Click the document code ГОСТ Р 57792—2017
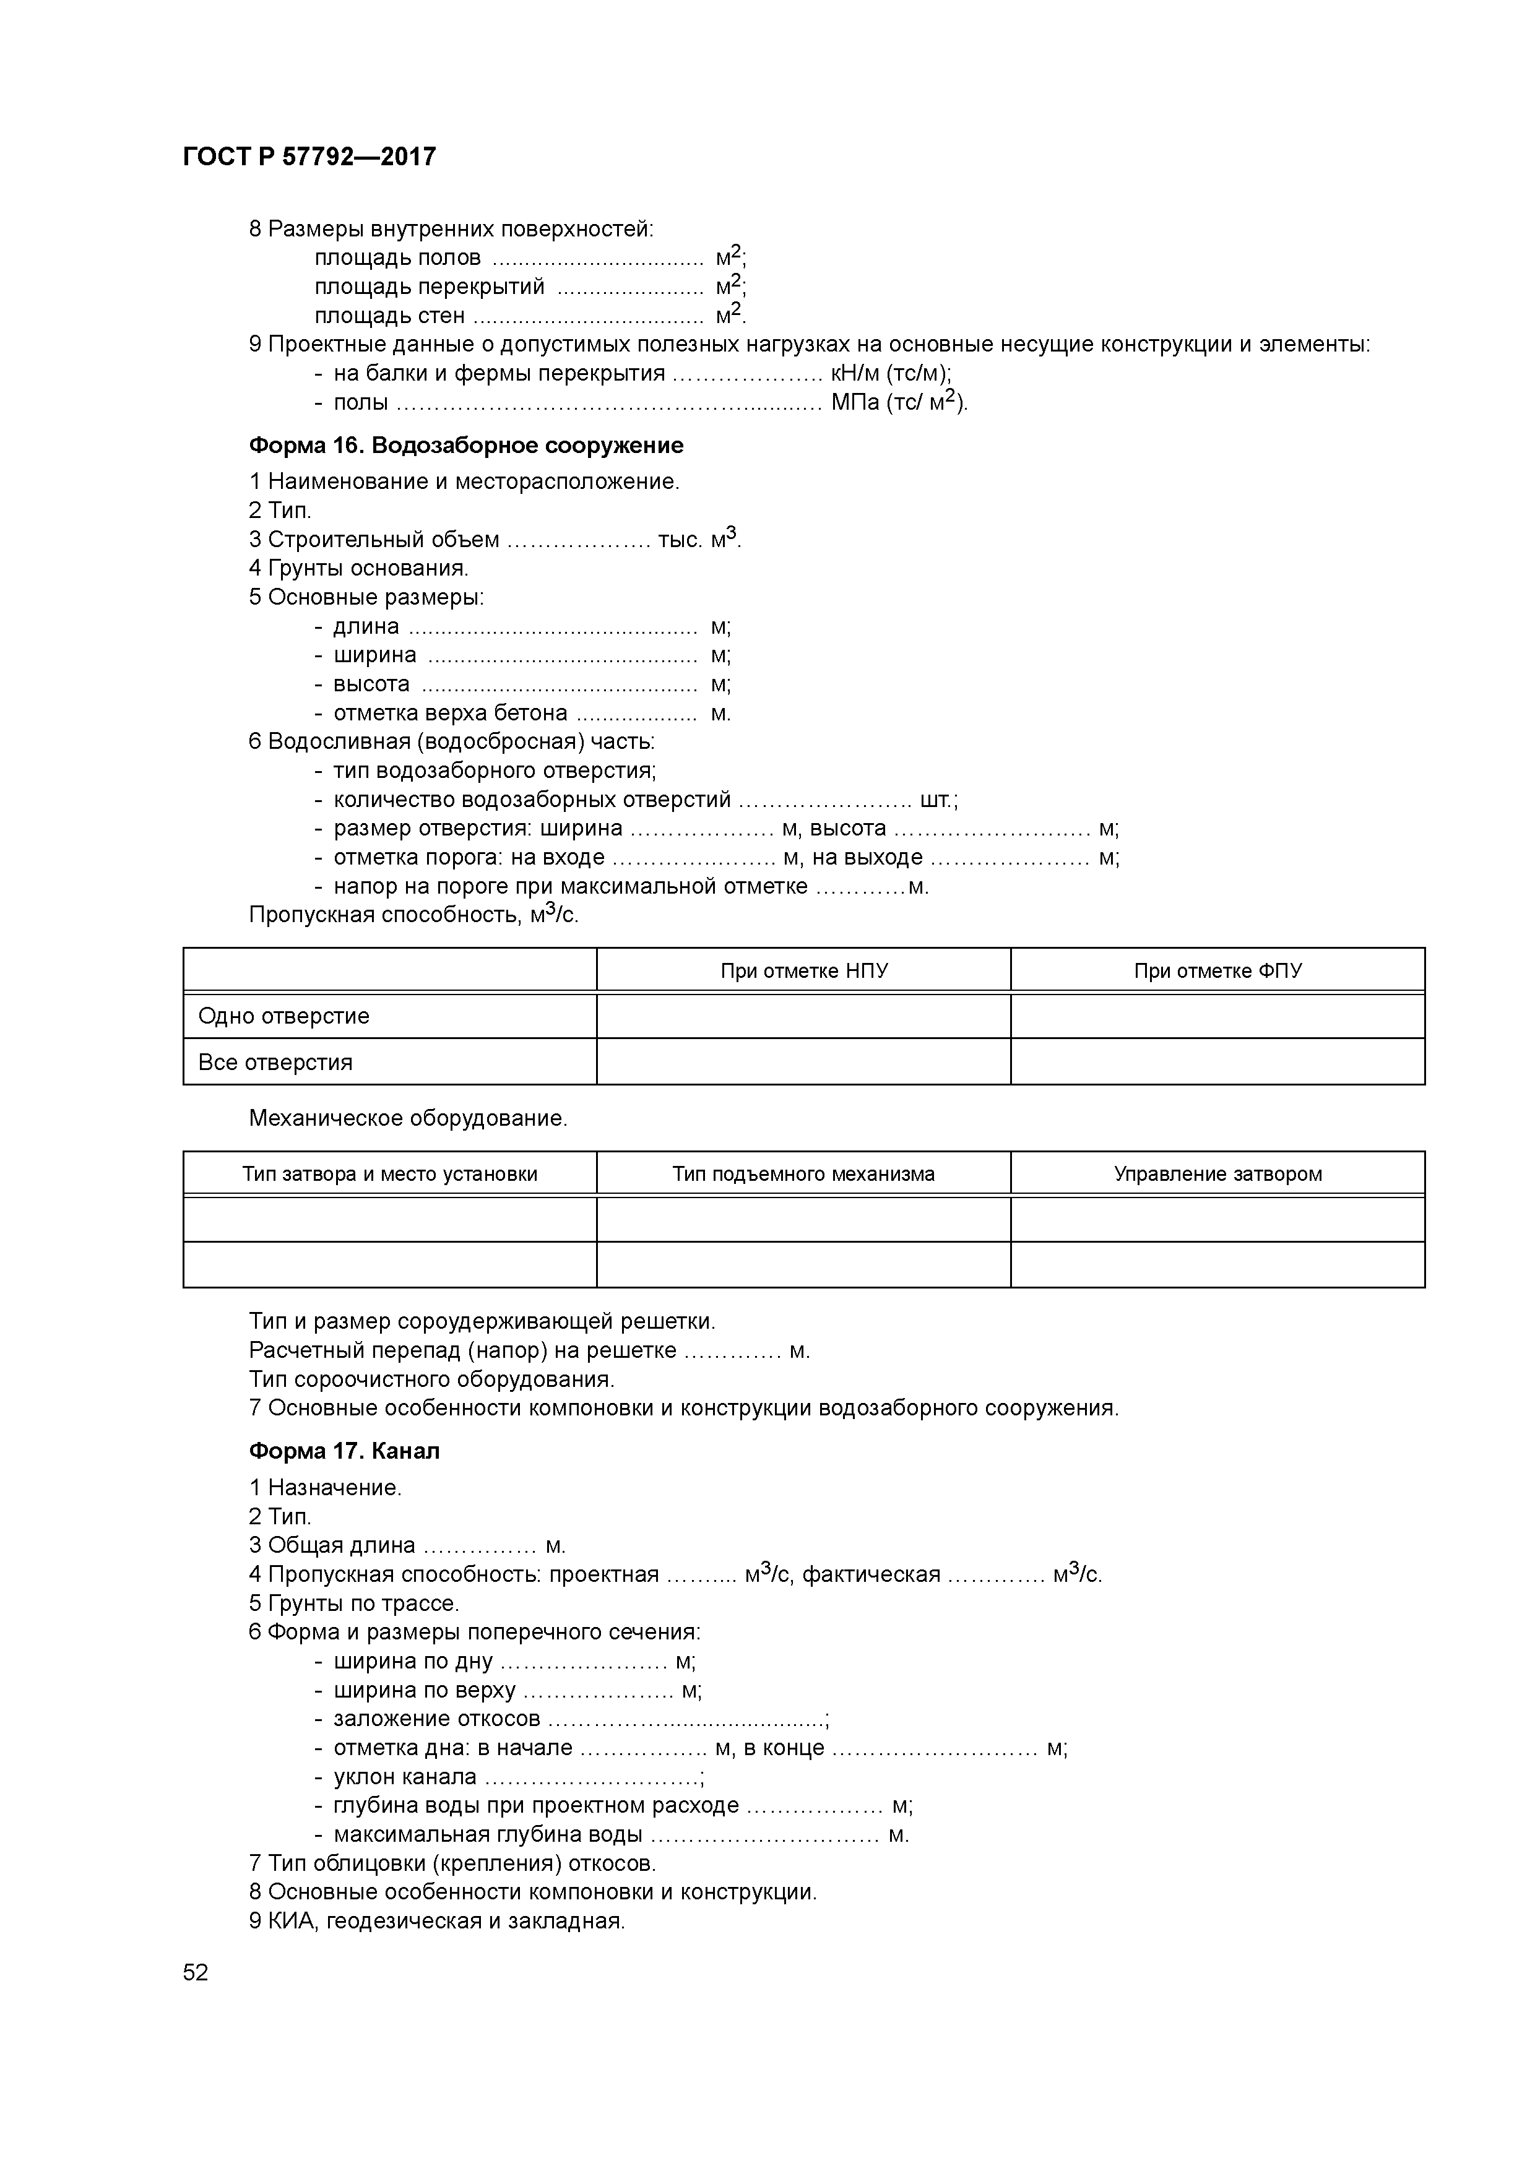click(x=309, y=157)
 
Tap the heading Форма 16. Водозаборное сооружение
click(x=465, y=446)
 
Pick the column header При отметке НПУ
click(x=804, y=971)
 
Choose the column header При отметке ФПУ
click(x=1217, y=971)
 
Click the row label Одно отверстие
click(x=283, y=1016)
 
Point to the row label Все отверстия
click(x=275, y=1063)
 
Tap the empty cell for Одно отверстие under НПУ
click(x=804, y=1016)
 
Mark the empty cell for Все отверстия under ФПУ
click(x=1217, y=1063)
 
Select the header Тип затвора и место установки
click(x=390, y=1175)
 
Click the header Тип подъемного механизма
click(x=804, y=1175)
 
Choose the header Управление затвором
click(x=1217, y=1175)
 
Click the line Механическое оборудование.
click(x=408, y=1118)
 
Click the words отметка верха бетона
click(x=450, y=713)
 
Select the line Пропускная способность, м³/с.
click(x=413, y=915)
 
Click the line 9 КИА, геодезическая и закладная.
click(x=437, y=1922)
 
